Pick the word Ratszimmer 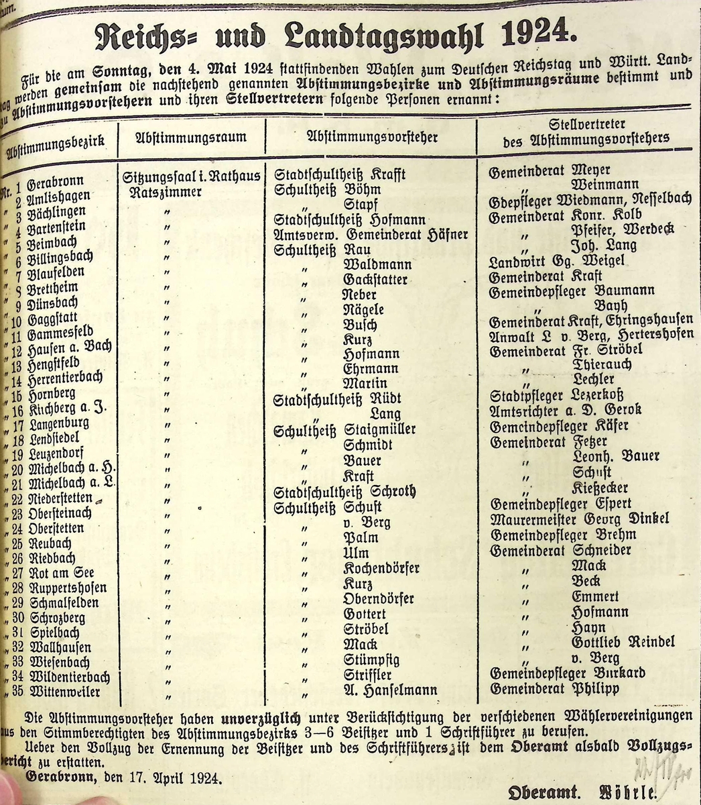click(166, 191)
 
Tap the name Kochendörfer click(381, 568)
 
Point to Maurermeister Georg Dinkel click(580, 519)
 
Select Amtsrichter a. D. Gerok click(566, 409)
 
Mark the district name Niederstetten click(64, 499)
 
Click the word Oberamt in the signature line click(542, 792)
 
